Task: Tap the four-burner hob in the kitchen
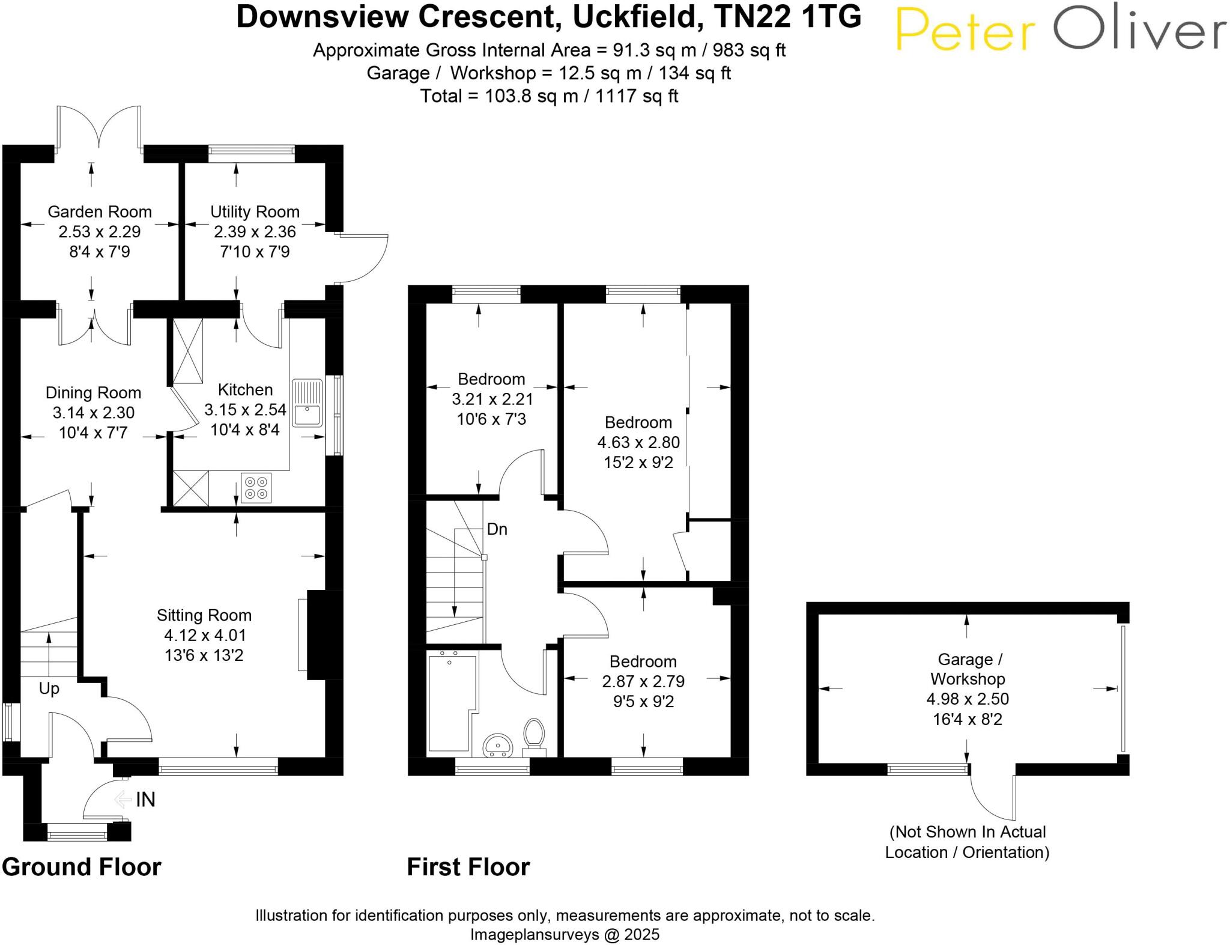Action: tap(256, 487)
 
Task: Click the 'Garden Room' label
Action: tap(100, 211)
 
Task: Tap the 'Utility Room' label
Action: tap(255, 211)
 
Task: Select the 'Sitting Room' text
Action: tap(204, 615)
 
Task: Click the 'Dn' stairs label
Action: tap(497, 529)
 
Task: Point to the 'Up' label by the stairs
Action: tap(49, 688)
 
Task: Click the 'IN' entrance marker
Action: tap(145, 799)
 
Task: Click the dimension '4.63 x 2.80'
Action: tap(638, 442)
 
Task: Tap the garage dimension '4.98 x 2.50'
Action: tap(968, 699)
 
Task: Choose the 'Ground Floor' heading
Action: tap(82, 867)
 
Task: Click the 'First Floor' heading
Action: tap(468, 867)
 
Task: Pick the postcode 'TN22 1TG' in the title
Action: tap(788, 17)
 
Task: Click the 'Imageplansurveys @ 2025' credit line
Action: tap(565, 934)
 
